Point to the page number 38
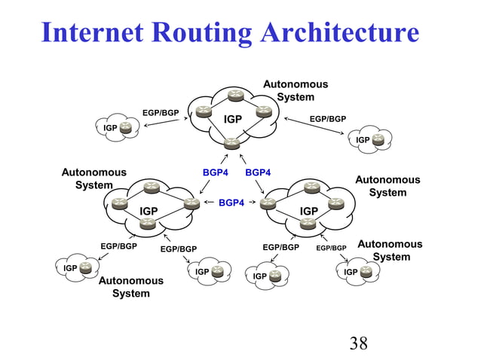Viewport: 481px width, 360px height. (x=359, y=344)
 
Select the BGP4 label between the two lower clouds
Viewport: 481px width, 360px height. (x=231, y=203)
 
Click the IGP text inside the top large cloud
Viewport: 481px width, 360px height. (x=233, y=119)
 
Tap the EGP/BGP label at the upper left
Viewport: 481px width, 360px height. (x=161, y=113)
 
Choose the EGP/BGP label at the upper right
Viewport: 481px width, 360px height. (x=328, y=118)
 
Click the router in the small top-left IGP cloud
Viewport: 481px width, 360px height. (x=126, y=128)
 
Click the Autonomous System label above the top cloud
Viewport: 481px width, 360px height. (x=295, y=90)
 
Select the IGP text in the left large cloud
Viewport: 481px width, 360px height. (x=149, y=211)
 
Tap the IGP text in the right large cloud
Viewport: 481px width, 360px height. (x=309, y=211)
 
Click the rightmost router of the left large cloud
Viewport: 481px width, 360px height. (x=192, y=203)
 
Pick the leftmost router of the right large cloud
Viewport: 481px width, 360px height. (x=268, y=203)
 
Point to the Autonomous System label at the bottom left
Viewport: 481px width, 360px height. (x=131, y=287)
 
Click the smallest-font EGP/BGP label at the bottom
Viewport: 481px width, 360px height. (x=331, y=248)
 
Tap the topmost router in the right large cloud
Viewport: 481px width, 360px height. (x=311, y=188)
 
